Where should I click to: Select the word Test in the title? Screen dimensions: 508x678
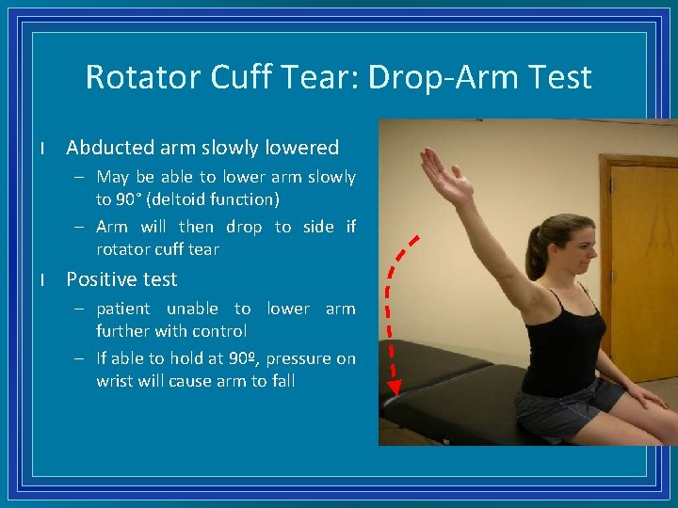point(560,76)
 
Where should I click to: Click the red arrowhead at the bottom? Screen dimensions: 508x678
point(395,386)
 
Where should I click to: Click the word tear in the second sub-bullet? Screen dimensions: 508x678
point(204,249)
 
